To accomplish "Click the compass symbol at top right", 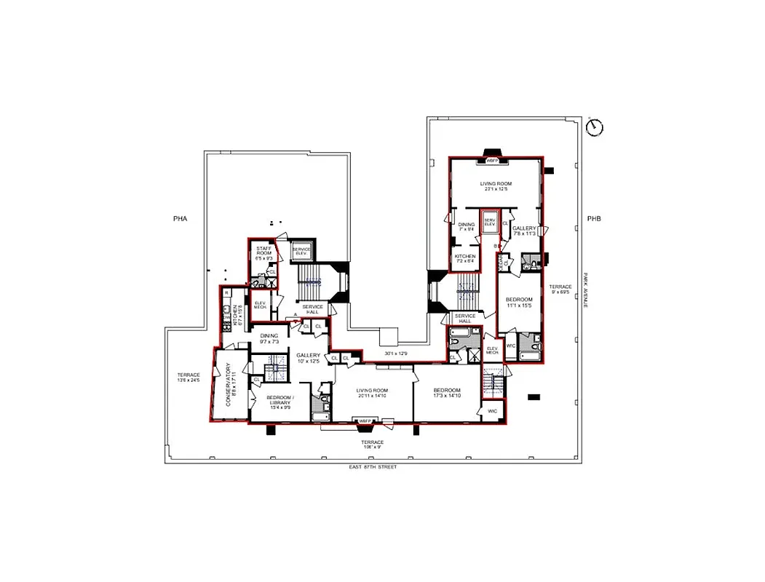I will pos(595,127).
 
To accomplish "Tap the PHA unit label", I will pos(181,218).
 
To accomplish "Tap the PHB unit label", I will pos(593,218).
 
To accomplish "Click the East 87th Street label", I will pos(373,467).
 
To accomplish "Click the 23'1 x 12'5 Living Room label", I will pos(496,186).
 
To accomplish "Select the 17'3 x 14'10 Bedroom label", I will pos(446,394).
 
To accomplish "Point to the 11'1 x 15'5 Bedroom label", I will pos(519,302).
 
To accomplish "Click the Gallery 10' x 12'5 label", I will pos(309,358).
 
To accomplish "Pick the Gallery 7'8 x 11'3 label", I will pos(525,231).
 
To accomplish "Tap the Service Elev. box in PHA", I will pos(301,250).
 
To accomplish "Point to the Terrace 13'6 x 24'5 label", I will pos(189,377).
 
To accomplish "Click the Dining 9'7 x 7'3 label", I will pos(269,338).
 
